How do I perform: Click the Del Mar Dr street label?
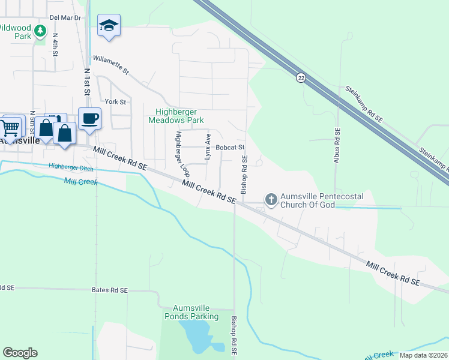(x=65, y=18)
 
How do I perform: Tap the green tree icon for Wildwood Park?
(x=40, y=31)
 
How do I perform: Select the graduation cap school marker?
(x=109, y=25)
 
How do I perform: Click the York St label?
(x=115, y=102)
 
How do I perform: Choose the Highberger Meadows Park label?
(x=180, y=116)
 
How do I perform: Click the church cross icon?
(x=271, y=199)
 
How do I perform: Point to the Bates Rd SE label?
(x=110, y=290)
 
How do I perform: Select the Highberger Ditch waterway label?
(x=71, y=167)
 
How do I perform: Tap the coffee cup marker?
(x=89, y=118)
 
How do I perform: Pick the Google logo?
(x=20, y=353)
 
